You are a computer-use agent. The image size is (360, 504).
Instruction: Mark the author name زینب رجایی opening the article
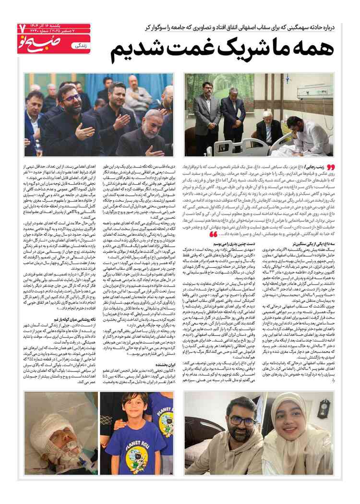[x=319, y=165]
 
